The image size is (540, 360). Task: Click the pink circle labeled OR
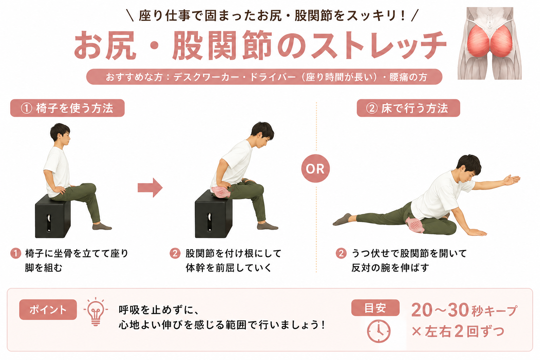pos(315,168)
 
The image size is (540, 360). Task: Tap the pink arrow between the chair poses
pos(150,188)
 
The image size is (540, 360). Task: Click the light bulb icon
pos(96,311)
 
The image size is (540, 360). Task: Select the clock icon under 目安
pos(379,331)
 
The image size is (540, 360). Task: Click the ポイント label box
pos(48,310)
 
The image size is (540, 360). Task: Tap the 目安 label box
pos(375,308)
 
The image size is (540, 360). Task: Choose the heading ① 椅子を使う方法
pos(67,108)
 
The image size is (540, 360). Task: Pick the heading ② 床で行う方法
pos(409,108)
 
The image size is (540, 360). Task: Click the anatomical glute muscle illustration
pos(490,43)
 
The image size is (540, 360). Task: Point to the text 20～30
pos(440,310)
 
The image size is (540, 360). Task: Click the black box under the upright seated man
pos(53,216)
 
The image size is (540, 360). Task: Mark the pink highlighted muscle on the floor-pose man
pos(414,225)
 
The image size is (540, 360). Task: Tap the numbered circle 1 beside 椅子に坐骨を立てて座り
pos(16,253)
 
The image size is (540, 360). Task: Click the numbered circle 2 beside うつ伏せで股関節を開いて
pos(341,253)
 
